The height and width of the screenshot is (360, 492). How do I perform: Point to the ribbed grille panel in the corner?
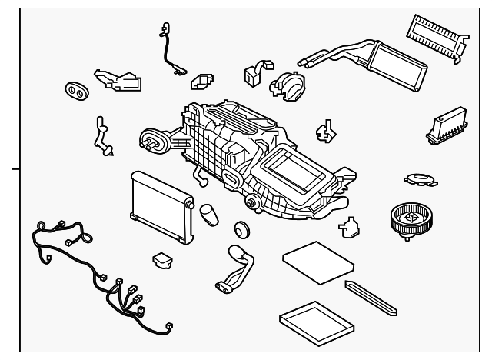(x=434, y=35)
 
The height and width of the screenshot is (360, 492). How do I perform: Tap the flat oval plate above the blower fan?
(x=418, y=179)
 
